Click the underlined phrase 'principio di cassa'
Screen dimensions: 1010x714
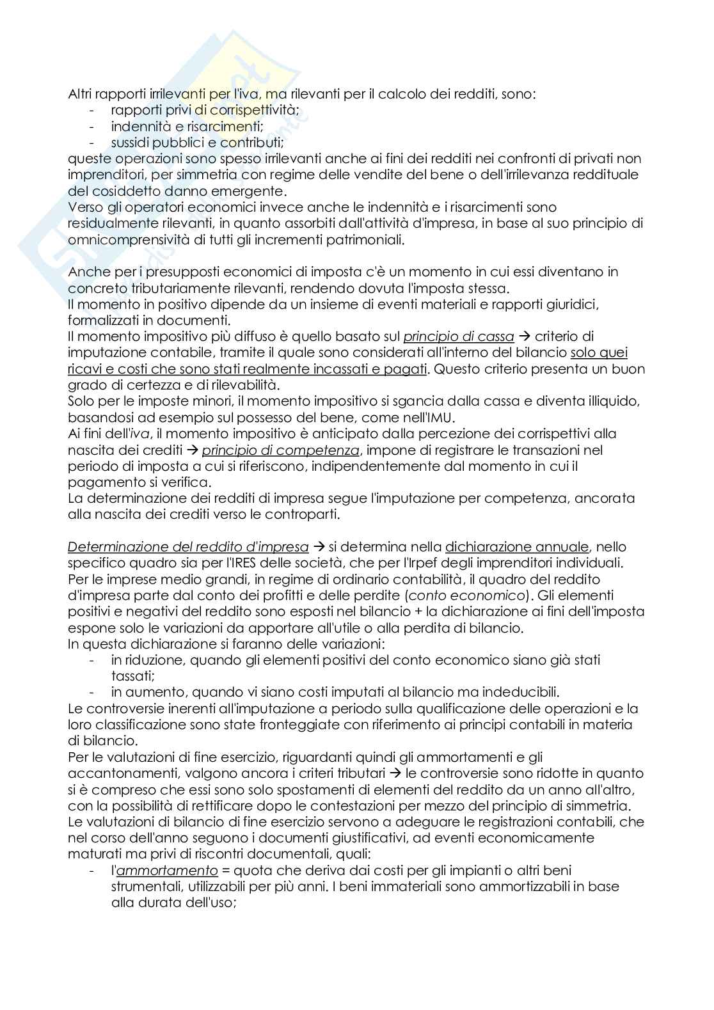458,336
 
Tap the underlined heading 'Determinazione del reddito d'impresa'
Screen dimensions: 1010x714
188,547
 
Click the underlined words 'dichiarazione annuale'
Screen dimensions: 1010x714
516,547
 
